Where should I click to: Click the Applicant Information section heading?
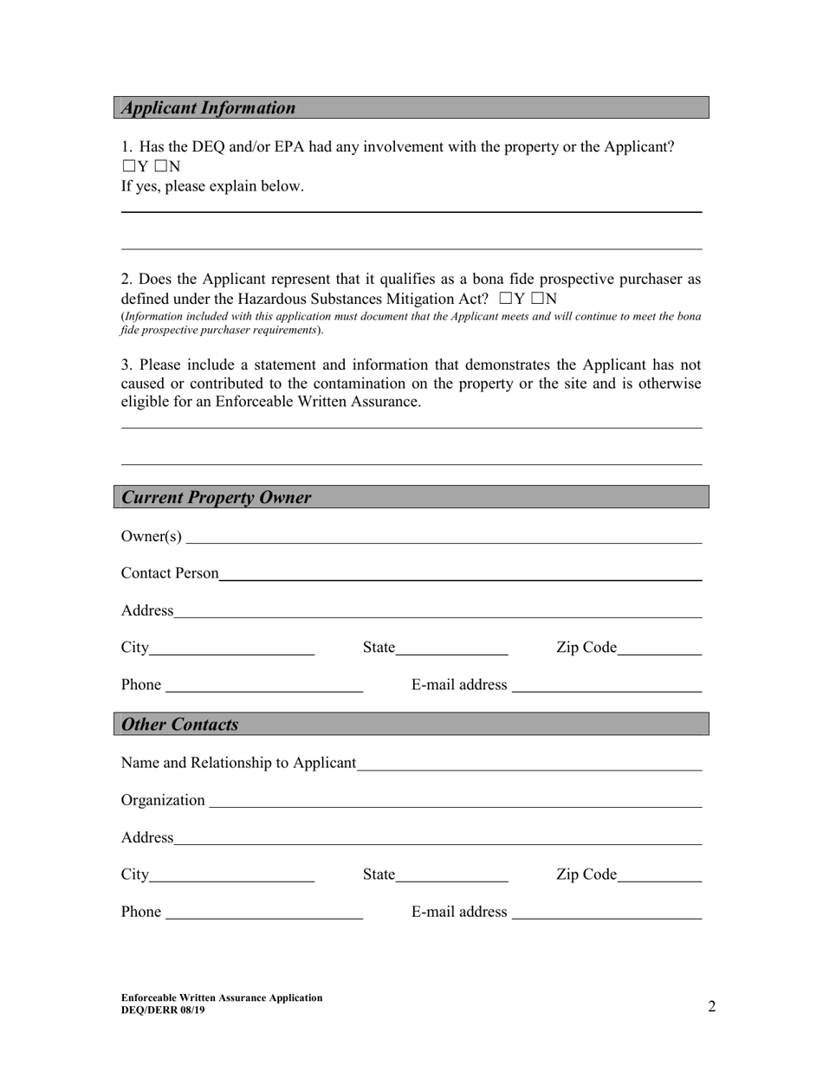pyautogui.click(x=209, y=108)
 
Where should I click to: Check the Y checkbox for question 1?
pyautogui.click(x=128, y=167)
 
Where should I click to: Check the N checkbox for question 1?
pyautogui.click(x=159, y=167)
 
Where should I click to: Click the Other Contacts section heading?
pyautogui.click(x=180, y=725)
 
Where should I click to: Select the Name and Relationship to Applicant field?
pyautogui.click(x=528, y=763)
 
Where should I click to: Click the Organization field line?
pyautogui.click(x=455, y=800)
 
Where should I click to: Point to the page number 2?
pyautogui.click(x=712, y=1006)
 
